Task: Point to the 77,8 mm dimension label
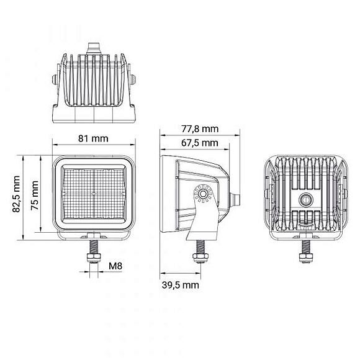[x=200, y=129]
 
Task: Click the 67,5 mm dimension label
[x=200, y=143]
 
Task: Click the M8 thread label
[x=115, y=266]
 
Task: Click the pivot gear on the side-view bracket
[x=203, y=195]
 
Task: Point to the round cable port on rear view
[x=305, y=200]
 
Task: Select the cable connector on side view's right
[x=236, y=199]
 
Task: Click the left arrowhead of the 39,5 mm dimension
[x=162, y=273]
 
